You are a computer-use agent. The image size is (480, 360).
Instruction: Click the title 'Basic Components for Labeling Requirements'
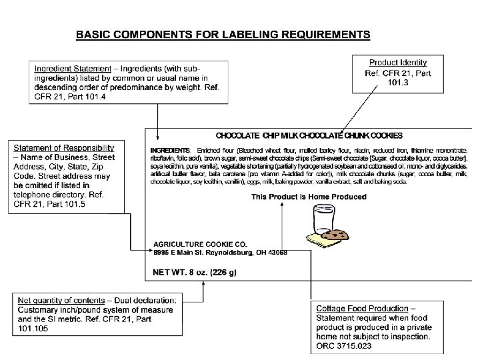pos(223,34)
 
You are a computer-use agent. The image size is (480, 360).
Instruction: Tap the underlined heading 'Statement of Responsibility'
pos(64,147)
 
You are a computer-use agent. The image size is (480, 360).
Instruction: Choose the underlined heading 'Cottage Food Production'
pos(362,309)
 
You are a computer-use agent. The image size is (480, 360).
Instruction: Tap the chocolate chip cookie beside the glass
pos(337,233)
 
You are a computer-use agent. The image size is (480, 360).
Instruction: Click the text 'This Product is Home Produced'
pos(309,197)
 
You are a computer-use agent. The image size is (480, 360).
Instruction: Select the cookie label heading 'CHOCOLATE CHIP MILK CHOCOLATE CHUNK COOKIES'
pos(309,135)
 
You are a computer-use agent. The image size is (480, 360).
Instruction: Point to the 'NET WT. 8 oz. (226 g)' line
pos(195,272)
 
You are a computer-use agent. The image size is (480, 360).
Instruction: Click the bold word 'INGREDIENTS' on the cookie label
pos(170,150)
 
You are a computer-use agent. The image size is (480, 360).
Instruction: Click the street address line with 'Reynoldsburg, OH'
pos(220,253)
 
